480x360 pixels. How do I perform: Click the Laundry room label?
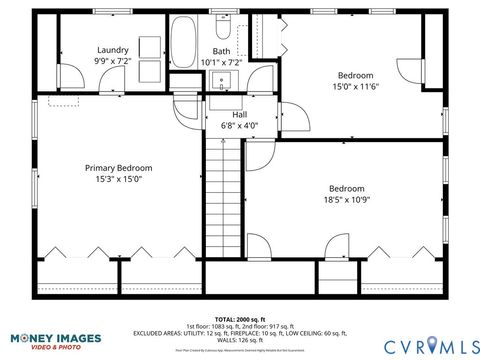[113, 50]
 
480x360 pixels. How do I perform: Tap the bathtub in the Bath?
[184, 43]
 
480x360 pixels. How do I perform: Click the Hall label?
[240, 114]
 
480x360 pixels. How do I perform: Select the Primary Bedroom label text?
[119, 168]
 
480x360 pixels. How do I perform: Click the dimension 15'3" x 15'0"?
[119, 180]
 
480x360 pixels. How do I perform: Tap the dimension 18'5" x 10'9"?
[347, 201]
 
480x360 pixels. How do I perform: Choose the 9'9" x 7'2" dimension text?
[113, 62]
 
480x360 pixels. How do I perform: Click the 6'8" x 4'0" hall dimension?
[240, 126]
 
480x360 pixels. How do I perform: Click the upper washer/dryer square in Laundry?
[151, 46]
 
